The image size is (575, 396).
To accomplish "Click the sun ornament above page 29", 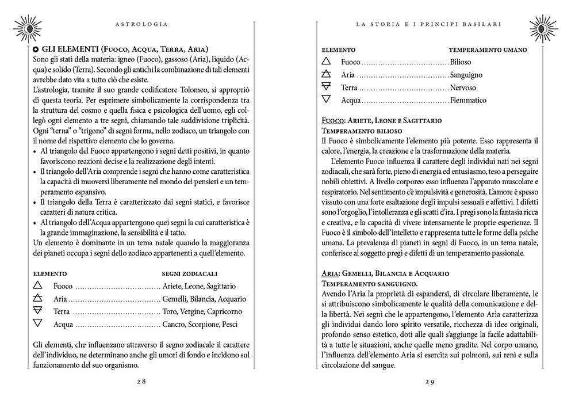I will click(x=549, y=24).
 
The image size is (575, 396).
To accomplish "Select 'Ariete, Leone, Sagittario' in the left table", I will click(x=200, y=286).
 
